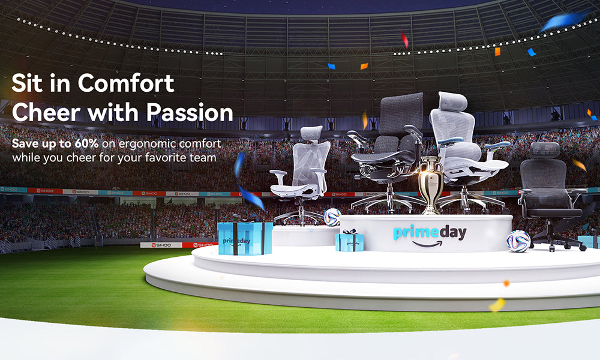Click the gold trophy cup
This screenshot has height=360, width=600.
431,183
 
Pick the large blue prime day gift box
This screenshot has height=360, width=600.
245,238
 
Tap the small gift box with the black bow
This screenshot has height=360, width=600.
349,241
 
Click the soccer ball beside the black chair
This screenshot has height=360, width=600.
518,241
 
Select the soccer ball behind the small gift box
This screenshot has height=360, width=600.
332,217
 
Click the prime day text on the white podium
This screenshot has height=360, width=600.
430,232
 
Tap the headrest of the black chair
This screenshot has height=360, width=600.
544,150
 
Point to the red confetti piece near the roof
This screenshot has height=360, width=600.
404,40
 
